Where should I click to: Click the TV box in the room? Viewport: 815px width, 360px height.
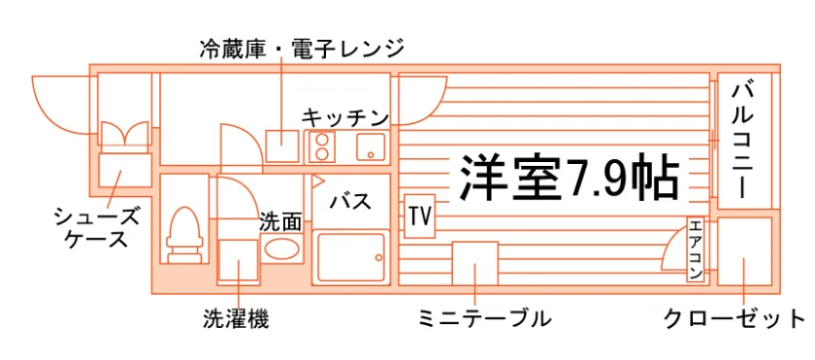(x=419, y=216)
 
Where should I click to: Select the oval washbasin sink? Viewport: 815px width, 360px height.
(x=281, y=247)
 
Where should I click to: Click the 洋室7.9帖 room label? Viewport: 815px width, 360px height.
(x=570, y=177)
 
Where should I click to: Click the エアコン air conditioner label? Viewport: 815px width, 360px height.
(x=695, y=249)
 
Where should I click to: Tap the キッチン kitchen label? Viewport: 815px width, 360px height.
(x=345, y=117)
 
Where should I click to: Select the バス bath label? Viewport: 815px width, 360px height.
(x=351, y=201)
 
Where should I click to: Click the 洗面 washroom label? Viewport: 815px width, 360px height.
(x=280, y=222)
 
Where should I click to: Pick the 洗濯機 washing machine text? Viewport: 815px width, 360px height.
(x=237, y=319)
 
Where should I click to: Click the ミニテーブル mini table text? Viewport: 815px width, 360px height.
(x=484, y=318)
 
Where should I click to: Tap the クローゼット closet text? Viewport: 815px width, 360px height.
(x=734, y=318)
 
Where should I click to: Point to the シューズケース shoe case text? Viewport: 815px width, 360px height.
(x=97, y=227)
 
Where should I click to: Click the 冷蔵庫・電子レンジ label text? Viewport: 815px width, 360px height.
(x=302, y=49)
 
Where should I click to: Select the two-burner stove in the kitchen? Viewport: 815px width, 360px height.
(x=322, y=147)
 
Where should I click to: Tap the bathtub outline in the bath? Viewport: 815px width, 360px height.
(x=352, y=257)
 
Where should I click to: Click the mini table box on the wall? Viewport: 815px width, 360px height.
(x=474, y=263)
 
